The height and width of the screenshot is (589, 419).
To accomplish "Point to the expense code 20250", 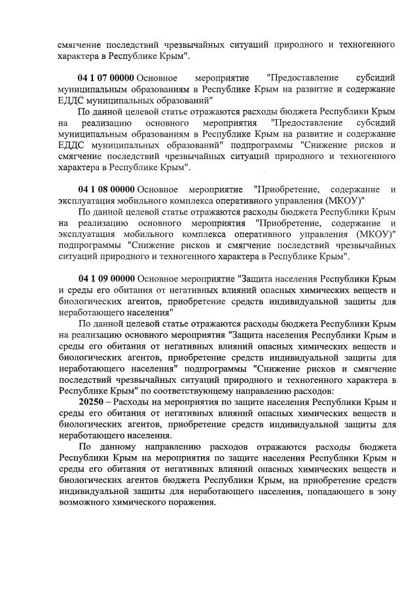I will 90,401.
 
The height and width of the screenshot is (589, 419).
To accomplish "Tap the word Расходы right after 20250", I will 131,401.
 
